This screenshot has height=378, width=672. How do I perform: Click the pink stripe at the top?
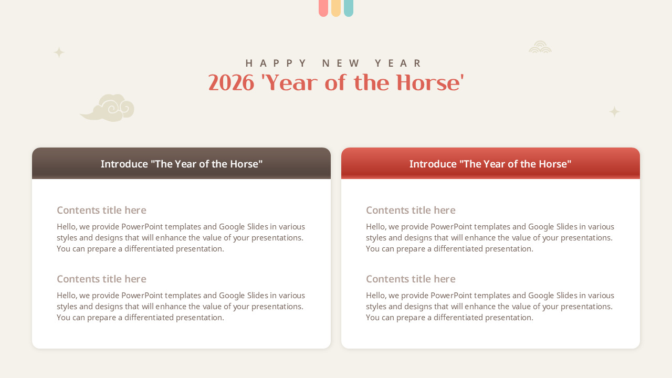click(x=323, y=8)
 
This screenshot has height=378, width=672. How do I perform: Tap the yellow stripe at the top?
click(x=335, y=8)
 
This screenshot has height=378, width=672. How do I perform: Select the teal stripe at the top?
click(x=348, y=8)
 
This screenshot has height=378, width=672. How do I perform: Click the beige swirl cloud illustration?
click(x=108, y=108)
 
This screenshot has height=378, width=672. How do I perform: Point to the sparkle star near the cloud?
click(x=59, y=52)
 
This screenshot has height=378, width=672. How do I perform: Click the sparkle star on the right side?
click(x=614, y=112)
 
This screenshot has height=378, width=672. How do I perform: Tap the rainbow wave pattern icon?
click(x=540, y=47)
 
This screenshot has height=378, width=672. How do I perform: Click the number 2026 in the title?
click(x=231, y=83)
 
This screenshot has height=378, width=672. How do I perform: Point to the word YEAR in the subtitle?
click(x=398, y=64)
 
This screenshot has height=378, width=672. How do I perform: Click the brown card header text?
click(x=182, y=164)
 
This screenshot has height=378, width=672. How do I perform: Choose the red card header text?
click(x=490, y=164)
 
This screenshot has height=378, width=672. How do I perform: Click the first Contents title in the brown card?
click(x=101, y=210)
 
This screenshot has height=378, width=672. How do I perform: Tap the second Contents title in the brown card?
click(x=101, y=279)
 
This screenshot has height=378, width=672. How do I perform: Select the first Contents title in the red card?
click(x=411, y=210)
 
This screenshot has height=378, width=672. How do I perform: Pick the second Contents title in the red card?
click(x=411, y=279)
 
